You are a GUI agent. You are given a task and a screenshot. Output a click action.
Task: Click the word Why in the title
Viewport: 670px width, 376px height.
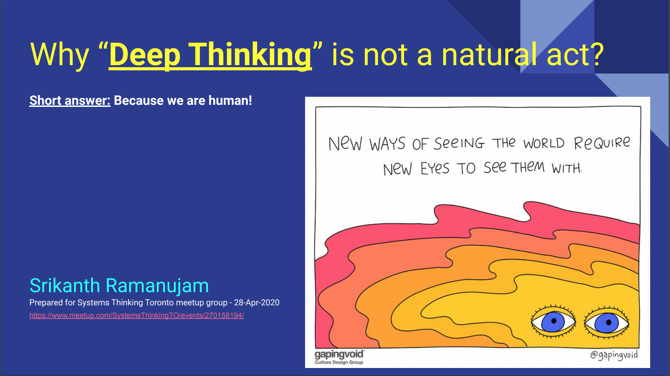click(x=59, y=55)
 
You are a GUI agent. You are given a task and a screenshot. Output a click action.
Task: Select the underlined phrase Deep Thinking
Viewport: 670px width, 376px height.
click(x=210, y=55)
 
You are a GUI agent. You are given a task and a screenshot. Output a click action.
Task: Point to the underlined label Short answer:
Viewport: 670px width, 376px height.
click(x=70, y=101)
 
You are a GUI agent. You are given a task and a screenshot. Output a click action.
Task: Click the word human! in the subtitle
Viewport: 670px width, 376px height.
click(x=230, y=101)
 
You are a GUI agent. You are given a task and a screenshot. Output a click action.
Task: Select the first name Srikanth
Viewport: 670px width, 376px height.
click(x=65, y=286)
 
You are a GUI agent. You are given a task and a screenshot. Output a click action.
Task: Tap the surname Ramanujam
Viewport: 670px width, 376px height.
click(x=157, y=286)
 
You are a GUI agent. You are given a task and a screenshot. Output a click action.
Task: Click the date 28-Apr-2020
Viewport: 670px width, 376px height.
click(x=257, y=303)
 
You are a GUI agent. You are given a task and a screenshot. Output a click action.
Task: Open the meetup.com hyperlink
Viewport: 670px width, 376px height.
click(x=137, y=315)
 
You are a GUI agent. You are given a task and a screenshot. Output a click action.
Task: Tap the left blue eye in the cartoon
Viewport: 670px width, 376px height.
click(x=553, y=321)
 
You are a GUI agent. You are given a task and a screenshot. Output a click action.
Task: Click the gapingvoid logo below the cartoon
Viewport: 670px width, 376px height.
click(x=339, y=354)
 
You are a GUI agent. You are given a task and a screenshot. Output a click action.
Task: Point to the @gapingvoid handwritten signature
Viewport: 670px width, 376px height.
click(x=614, y=355)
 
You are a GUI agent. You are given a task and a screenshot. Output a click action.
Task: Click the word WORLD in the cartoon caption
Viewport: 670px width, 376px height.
click(x=544, y=143)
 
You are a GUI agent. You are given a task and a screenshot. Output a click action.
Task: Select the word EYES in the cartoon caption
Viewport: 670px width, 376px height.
click(x=435, y=169)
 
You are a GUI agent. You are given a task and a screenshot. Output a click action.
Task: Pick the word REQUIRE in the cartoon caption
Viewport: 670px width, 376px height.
click(x=602, y=143)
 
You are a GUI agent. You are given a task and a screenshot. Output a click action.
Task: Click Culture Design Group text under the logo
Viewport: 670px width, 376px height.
click(x=339, y=362)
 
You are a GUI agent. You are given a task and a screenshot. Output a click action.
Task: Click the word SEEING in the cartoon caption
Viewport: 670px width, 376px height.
click(x=459, y=143)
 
